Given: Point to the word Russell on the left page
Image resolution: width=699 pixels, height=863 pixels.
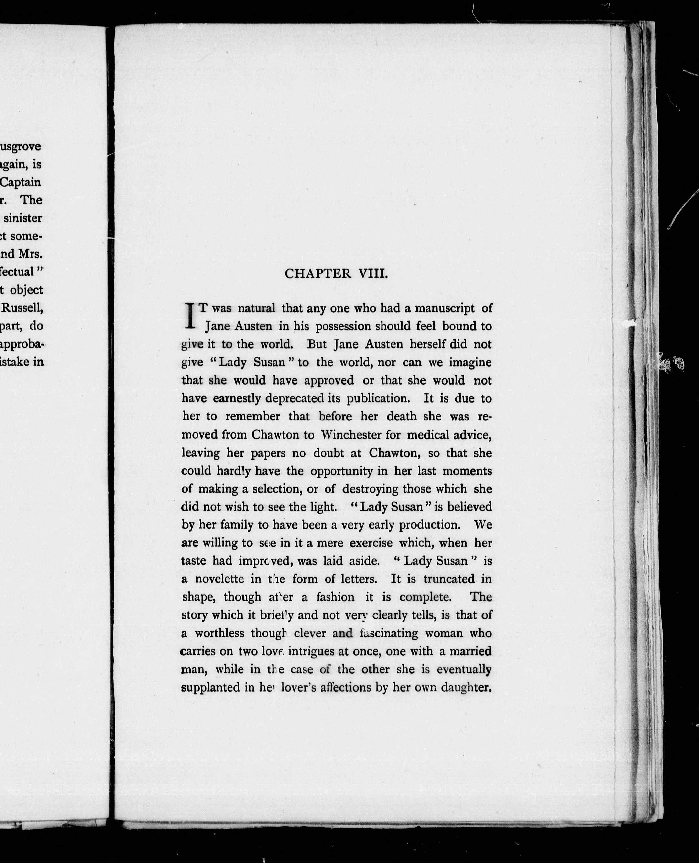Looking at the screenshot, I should (22, 308).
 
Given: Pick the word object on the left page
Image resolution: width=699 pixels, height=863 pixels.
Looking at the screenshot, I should (27, 290).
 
